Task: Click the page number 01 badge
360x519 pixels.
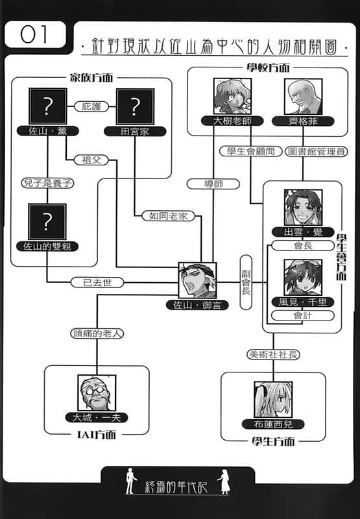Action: pos(36,34)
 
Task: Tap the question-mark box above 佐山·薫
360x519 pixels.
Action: pos(48,106)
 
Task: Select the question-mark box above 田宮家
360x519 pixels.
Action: pos(135,106)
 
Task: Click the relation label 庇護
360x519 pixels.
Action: pos(91,106)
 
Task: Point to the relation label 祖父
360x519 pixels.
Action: pos(91,160)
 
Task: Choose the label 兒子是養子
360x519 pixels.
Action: pos(47,183)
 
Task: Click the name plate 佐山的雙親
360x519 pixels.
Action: pos(47,247)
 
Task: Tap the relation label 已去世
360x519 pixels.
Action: pos(97,282)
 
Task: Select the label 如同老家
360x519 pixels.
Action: pos(168,216)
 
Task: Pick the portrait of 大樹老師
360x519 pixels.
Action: pos(232,96)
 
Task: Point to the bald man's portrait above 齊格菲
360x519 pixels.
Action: pos(303,97)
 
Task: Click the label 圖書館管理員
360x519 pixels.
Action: pos(317,152)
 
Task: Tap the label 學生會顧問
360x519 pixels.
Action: pos(251,151)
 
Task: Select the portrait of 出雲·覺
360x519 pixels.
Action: pos(304,208)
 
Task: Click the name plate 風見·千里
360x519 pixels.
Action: pos(303,302)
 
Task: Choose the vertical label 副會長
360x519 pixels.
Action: pos(246,282)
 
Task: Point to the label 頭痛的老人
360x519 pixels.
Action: pos(97,333)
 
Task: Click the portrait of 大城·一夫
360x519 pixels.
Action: pos(97,393)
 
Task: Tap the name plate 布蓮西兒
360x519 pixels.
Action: pos(273,424)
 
